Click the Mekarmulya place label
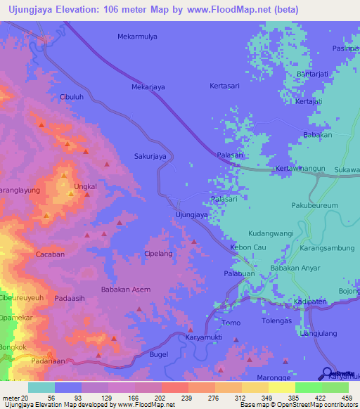click(137, 36)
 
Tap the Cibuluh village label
click(72, 97)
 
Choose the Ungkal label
click(84, 187)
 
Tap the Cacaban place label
click(50, 254)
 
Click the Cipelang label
click(157, 253)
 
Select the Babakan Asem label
click(126, 290)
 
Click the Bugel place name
click(159, 355)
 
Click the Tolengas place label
click(276, 321)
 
